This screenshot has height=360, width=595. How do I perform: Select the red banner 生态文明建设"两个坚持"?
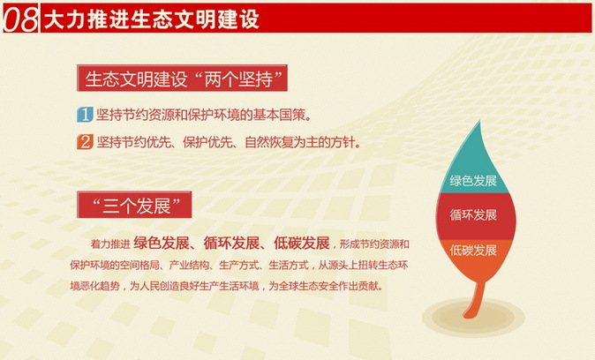click(184, 79)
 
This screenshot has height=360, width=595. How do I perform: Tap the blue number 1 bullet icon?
click(85, 115)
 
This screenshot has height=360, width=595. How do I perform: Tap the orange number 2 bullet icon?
click(85, 141)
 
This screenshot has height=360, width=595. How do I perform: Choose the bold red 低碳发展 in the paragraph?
click(301, 243)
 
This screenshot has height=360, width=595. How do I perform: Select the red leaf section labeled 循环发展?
click(473, 215)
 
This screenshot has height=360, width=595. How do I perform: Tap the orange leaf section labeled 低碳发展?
click(473, 251)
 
